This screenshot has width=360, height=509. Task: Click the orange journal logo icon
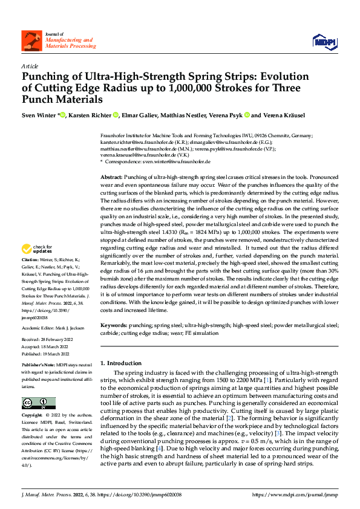tap(31, 41)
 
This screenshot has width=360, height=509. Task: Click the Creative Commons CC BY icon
tap(39, 403)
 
